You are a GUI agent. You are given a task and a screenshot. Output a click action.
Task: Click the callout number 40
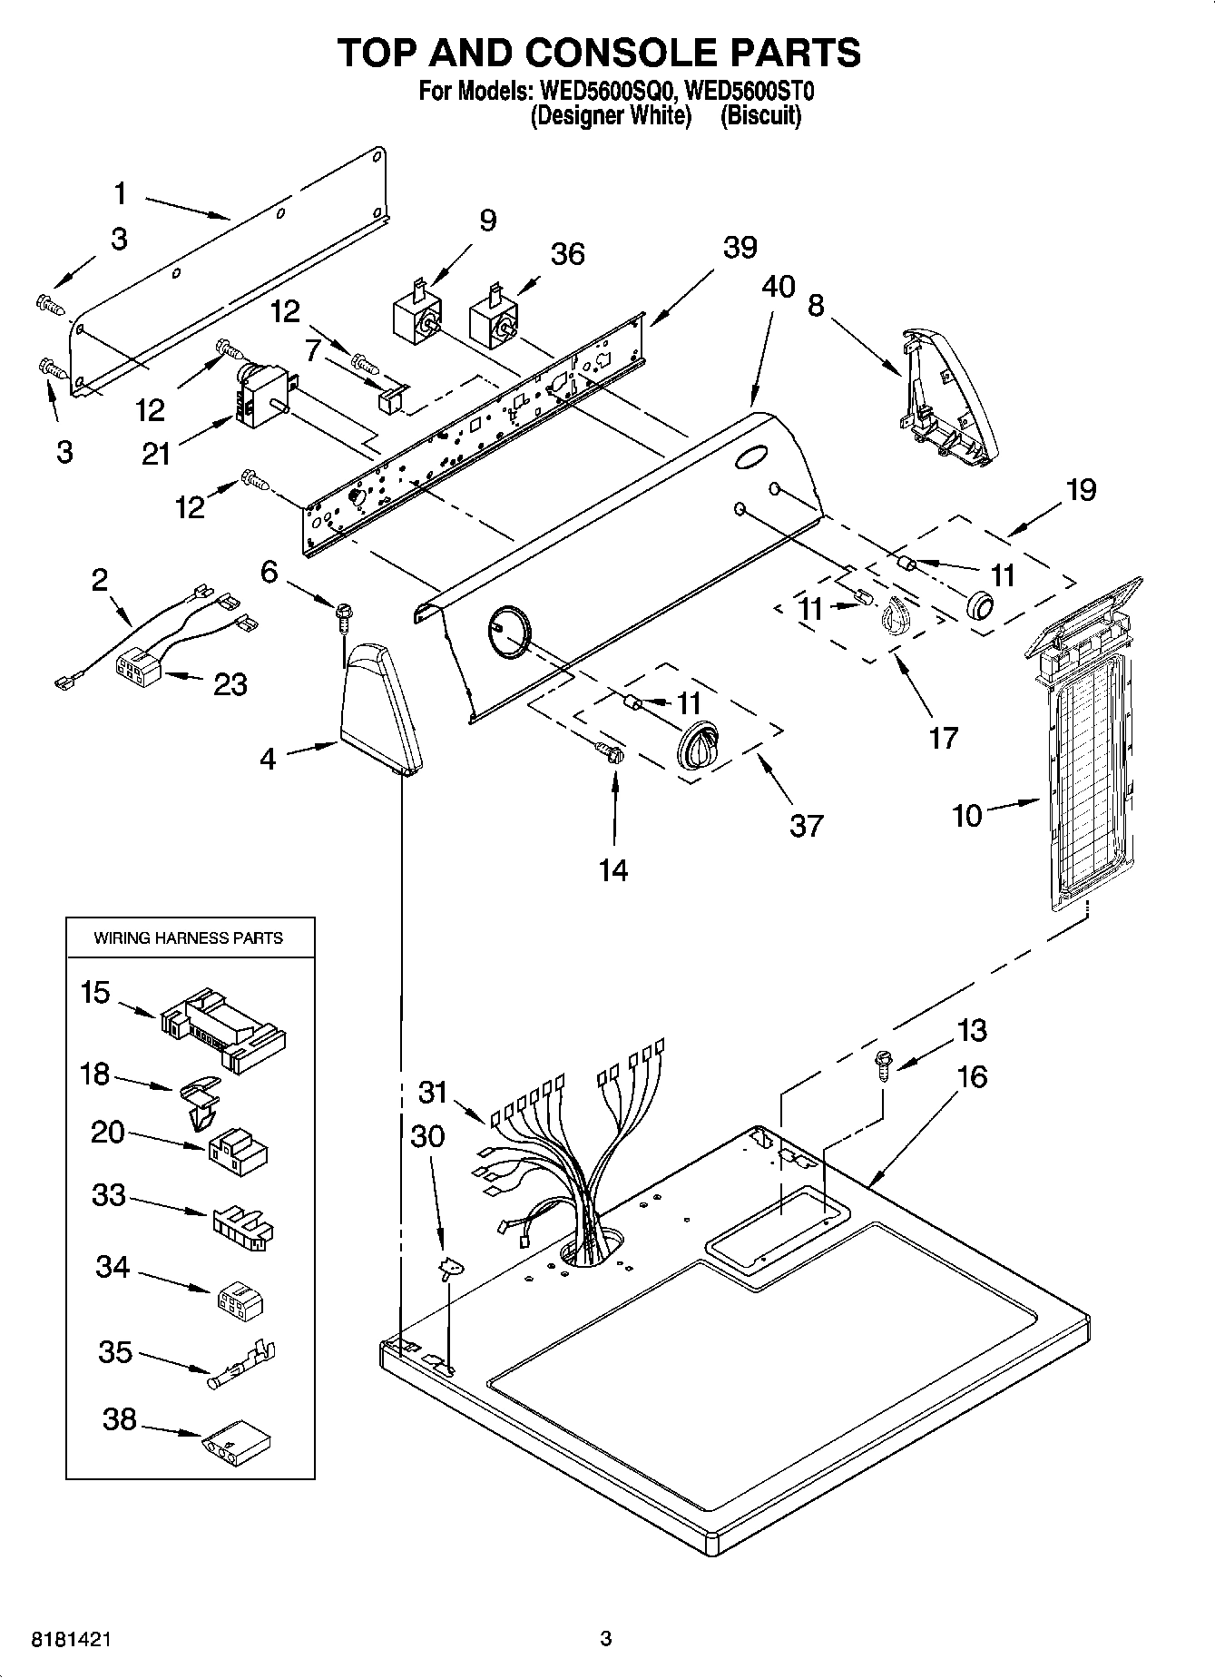click(778, 287)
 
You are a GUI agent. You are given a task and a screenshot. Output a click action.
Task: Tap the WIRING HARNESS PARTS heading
click(189, 938)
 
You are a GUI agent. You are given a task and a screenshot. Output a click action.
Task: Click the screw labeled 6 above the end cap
click(344, 616)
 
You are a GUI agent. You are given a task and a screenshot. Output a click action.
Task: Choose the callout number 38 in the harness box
click(119, 1419)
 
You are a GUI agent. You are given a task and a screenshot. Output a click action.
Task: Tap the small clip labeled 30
click(446, 1268)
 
